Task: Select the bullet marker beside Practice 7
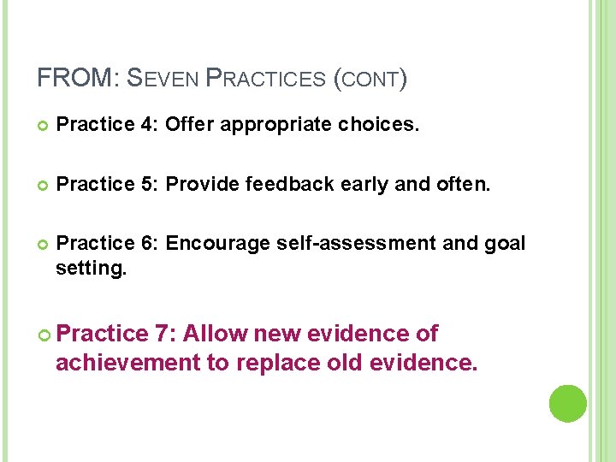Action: [x=44, y=334]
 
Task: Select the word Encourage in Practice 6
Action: [x=218, y=243]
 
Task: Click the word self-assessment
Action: [x=360, y=243]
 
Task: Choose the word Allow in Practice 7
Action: [x=215, y=333]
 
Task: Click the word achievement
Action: [x=127, y=362]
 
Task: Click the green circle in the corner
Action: [x=567, y=403]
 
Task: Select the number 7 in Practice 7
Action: [x=163, y=333]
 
